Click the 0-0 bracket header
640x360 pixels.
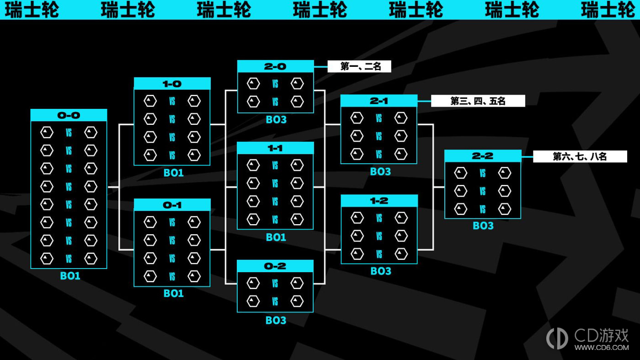click(69, 115)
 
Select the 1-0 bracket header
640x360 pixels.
click(172, 84)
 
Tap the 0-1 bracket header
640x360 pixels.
click(172, 205)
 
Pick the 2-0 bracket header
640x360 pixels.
click(275, 66)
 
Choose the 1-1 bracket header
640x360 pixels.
click(275, 148)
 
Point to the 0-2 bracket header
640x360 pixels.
click(275, 266)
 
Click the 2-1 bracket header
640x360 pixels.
click(379, 101)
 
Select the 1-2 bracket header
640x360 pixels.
click(379, 201)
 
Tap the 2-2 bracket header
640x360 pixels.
click(483, 156)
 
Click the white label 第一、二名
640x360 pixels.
click(359, 66)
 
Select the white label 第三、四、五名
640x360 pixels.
click(478, 101)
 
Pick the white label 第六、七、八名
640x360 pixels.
click(580, 156)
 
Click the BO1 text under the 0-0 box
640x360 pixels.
click(70, 276)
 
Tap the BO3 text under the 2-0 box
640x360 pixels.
click(276, 119)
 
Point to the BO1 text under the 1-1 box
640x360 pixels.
click(276, 237)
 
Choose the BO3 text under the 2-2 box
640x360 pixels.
click(483, 226)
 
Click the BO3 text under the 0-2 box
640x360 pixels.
click(276, 320)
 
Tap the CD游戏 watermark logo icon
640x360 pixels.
click(557, 339)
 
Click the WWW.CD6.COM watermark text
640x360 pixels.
click(602, 348)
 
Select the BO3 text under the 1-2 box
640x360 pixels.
click(381, 271)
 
